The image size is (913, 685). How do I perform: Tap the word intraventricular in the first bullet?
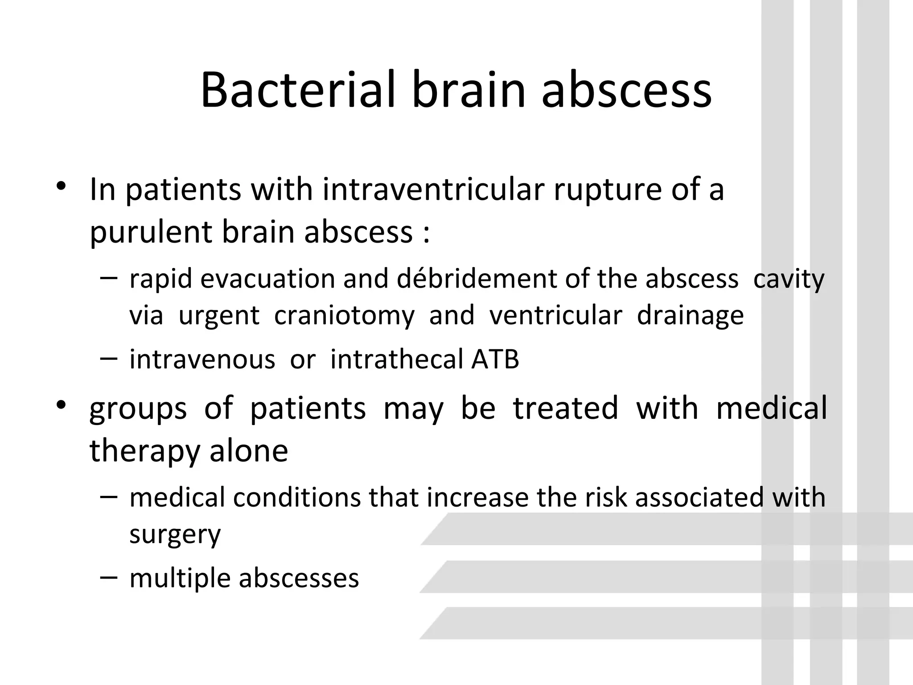(433, 190)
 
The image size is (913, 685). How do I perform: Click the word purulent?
(151, 233)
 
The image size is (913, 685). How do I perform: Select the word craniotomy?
(344, 316)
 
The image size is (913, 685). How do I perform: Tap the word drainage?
(690, 316)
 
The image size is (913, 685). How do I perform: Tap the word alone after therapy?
(249, 450)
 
